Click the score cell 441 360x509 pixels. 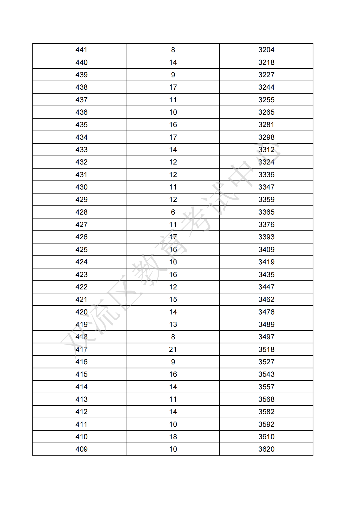(x=81, y=50)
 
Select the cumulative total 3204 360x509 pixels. (x=266, y=50)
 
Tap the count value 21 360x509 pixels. (x=173, y=349)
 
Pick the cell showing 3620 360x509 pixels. (x=266, y=449)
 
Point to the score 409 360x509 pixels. (x=81, y=449)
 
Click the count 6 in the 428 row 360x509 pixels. (x=173, y=212)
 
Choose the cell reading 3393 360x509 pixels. (x=266, y=237)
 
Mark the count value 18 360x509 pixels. (x=173, y=437)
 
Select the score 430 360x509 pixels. (x=81, y=187)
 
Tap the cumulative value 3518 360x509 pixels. (x=266, y=349)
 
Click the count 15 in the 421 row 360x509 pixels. (x=173, y=299)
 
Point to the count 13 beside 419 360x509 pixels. (x=173, y=324)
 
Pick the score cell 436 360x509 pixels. (x=81, y=112)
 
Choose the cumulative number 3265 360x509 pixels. (x=266, y=112)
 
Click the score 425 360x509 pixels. (x=81, y=249)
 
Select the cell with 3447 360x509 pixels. (x=266, y=287)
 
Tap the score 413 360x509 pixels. (x=81, y=399)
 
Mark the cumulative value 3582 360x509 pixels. (x=266, y=412)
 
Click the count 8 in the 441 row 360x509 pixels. (x=173, y=50)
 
